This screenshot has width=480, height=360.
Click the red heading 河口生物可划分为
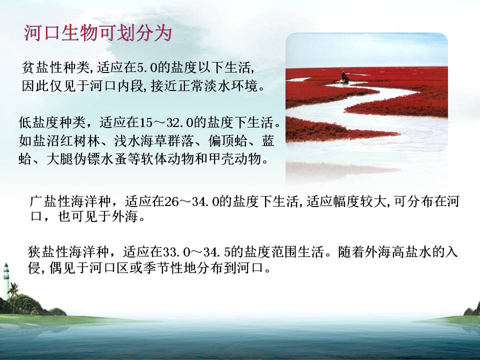pyautogui.click(x=98, y=33)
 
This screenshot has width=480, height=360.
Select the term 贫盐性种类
pyautogui.click(x=55, y=67)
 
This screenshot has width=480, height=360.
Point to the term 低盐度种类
pyautogui.click(x=52, y=123)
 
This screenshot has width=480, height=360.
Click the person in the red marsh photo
pyautogui.click(x=344, y=77)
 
